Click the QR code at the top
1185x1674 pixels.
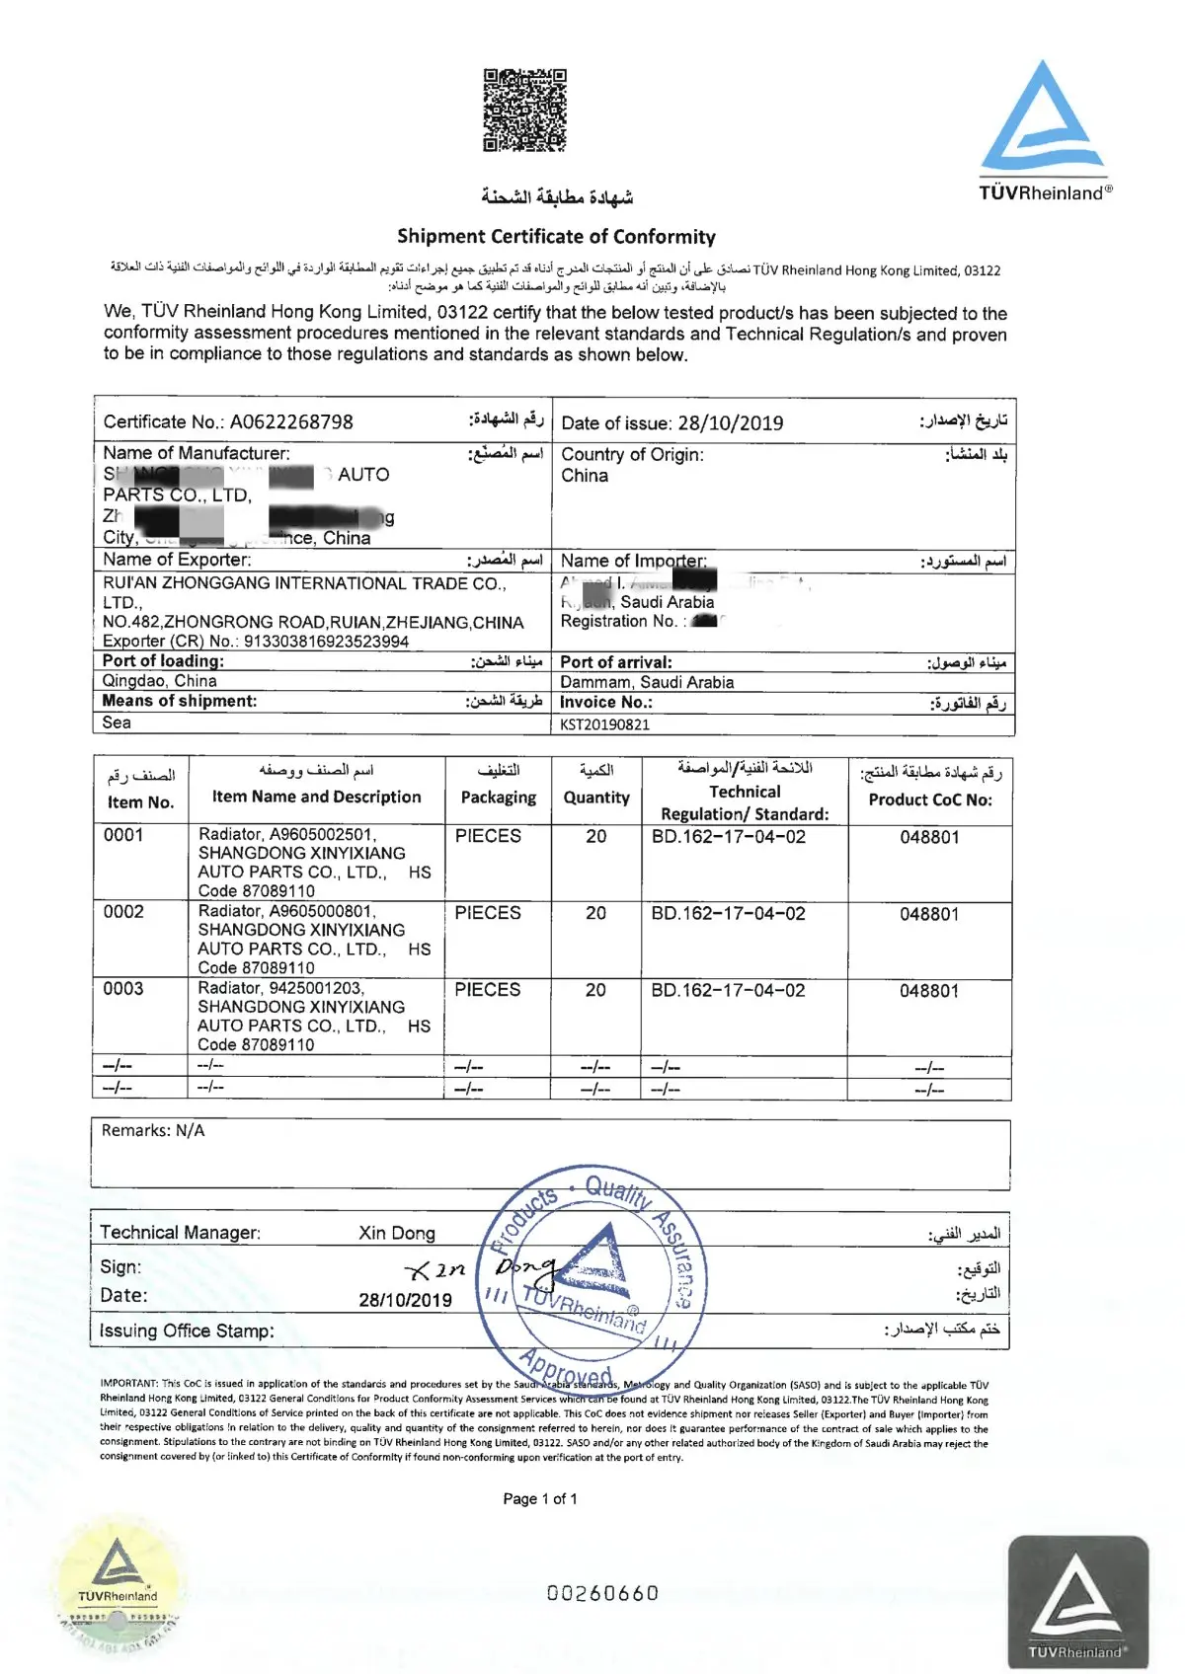[x=524, y=110]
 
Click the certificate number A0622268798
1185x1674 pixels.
[x=291, y=422]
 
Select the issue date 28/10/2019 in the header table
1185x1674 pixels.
[x=730, y=423]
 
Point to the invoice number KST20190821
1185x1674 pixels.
[x=604, y=724]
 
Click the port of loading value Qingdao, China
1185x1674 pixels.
[x=160, y=681]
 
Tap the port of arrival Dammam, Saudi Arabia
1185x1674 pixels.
[x=647, y=682]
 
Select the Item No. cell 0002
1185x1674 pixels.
[x=123, y=912]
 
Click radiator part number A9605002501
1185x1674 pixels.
[x=322, y=835]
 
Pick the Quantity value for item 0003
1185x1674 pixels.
[x=595, y=990]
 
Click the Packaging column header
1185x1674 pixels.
[x=499, y=798]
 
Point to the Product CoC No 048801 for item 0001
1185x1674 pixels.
[x=929, y=838]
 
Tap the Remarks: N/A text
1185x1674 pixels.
[x=153, y=1131]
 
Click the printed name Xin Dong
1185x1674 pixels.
[x=397, y=1233]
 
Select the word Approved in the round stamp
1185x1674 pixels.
[x=567, y=1369]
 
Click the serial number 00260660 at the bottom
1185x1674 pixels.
[x=602, y=1593]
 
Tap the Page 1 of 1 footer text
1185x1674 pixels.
[x=540, y=1499]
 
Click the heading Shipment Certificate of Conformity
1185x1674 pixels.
[x=556, y=237]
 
